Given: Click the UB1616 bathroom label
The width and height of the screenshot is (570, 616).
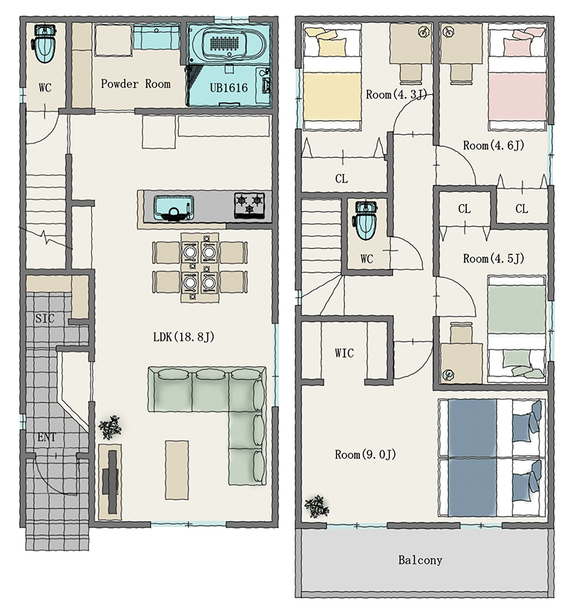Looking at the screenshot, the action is point(229,87).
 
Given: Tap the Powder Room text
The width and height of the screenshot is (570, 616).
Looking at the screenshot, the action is point(136,84).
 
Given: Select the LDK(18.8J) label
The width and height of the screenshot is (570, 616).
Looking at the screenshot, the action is point(184,337).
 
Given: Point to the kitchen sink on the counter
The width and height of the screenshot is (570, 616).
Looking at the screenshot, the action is point(174,208).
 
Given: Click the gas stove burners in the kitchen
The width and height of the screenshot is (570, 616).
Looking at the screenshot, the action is point(249,205).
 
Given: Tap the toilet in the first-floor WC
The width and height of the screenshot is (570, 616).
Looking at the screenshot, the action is point(45,43).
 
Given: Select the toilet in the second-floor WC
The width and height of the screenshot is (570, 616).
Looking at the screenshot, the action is point(366,220).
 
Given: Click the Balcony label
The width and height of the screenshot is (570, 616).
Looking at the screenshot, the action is point(420,560).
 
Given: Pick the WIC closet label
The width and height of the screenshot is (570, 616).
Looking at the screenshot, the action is point(344,353).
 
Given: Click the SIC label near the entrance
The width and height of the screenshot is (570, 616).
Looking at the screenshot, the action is point(45,318).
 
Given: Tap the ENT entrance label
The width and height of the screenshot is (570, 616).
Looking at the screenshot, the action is point(47,437).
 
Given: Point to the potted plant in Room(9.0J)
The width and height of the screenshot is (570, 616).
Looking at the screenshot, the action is point(317,507).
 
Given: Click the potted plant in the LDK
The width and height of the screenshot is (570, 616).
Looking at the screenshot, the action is point(110,427).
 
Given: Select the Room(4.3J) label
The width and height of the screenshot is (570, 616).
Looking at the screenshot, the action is point(396,94).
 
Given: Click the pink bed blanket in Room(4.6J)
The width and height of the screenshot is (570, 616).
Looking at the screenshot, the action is point(517,97).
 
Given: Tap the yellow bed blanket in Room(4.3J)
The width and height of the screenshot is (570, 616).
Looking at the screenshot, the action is point(332,96).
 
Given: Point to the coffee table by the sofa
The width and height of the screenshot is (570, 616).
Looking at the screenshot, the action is point(177,469).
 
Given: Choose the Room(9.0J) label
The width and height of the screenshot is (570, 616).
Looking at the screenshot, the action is point(365,454).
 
